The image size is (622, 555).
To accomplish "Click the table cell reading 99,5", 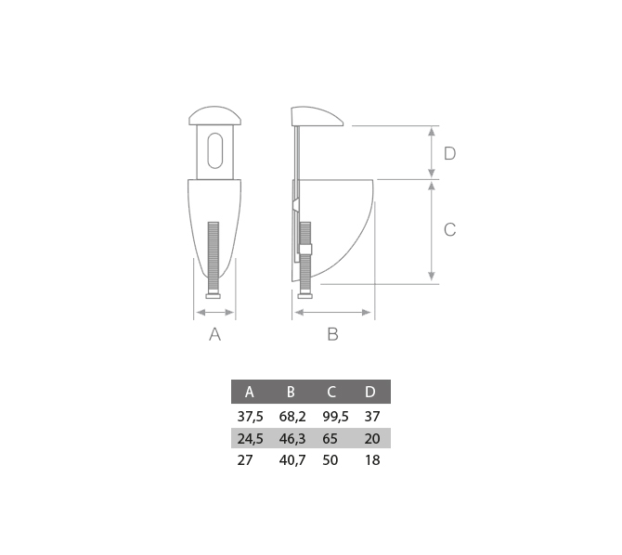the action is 335,417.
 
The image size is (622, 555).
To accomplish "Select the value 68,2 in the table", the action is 292,417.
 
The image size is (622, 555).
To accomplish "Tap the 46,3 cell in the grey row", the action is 292,439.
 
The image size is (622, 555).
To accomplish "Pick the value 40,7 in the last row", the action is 292,460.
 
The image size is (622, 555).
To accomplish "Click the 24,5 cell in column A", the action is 251,439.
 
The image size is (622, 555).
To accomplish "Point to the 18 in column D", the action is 372,460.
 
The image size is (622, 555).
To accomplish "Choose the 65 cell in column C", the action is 330,439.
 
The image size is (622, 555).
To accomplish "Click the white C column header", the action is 331,392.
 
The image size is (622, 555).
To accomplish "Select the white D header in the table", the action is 369,392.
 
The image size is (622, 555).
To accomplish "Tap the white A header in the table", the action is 249,392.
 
